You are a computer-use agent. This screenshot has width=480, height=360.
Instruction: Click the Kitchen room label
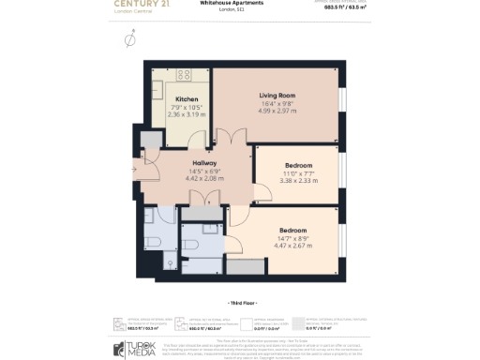[x=186, y=98]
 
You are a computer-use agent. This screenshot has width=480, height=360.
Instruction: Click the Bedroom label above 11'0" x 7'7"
[x=298, y=165]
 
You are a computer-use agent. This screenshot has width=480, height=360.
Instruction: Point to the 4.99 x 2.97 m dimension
[x=277, y=111]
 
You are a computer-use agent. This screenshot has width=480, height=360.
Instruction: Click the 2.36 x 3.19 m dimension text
[x=186, y=113]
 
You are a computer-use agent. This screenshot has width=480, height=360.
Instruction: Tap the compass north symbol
[x=129, y=39]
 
